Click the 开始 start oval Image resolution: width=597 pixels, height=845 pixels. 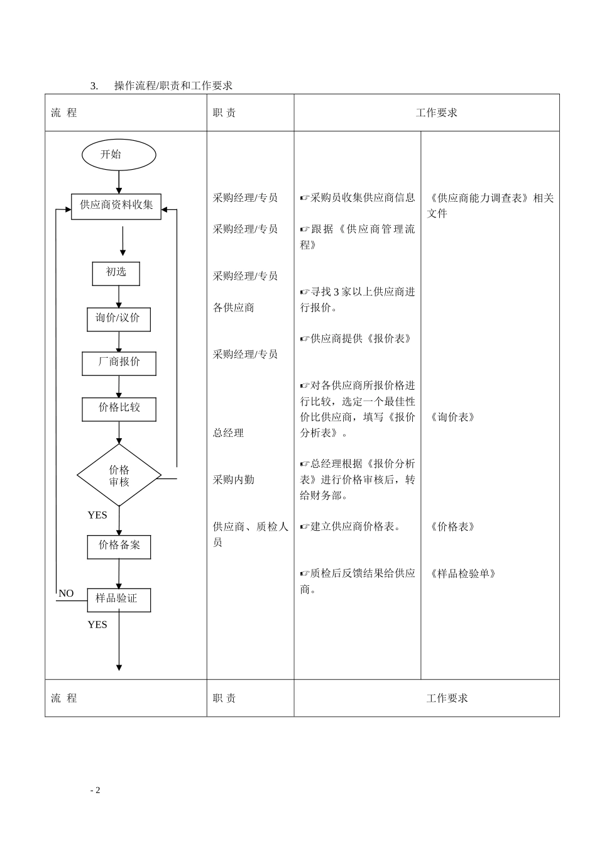(118, 155)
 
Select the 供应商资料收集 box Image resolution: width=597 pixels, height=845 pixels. (116, 206)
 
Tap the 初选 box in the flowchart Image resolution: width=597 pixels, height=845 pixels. (116, 273)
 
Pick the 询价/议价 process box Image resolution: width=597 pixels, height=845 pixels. (118, 319)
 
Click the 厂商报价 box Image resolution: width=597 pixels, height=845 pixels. (119, 363)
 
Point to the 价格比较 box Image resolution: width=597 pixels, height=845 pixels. (119, 409)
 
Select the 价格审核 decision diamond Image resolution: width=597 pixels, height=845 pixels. (119, 475)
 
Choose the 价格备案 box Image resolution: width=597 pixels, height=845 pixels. (119, 546)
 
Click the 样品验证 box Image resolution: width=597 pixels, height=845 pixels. (118, 599)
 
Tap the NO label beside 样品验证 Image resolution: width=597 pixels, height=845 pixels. (66, 594)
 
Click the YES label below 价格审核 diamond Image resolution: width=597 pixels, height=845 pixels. (97, 515)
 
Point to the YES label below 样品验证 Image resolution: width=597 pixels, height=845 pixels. (97, 624)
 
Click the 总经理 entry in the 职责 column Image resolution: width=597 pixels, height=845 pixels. (228, 433)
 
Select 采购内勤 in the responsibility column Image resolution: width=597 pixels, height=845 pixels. (233, 480)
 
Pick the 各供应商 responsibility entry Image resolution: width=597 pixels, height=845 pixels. (233, 307)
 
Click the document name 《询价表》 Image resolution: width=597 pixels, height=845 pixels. (452, 417)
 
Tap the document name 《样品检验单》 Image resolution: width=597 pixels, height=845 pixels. (463, 573)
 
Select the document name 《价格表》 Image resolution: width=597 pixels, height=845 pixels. (452, 527)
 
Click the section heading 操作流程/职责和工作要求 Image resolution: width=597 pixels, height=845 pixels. (173, 86)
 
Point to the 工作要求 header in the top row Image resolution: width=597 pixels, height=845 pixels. (437, 113)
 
